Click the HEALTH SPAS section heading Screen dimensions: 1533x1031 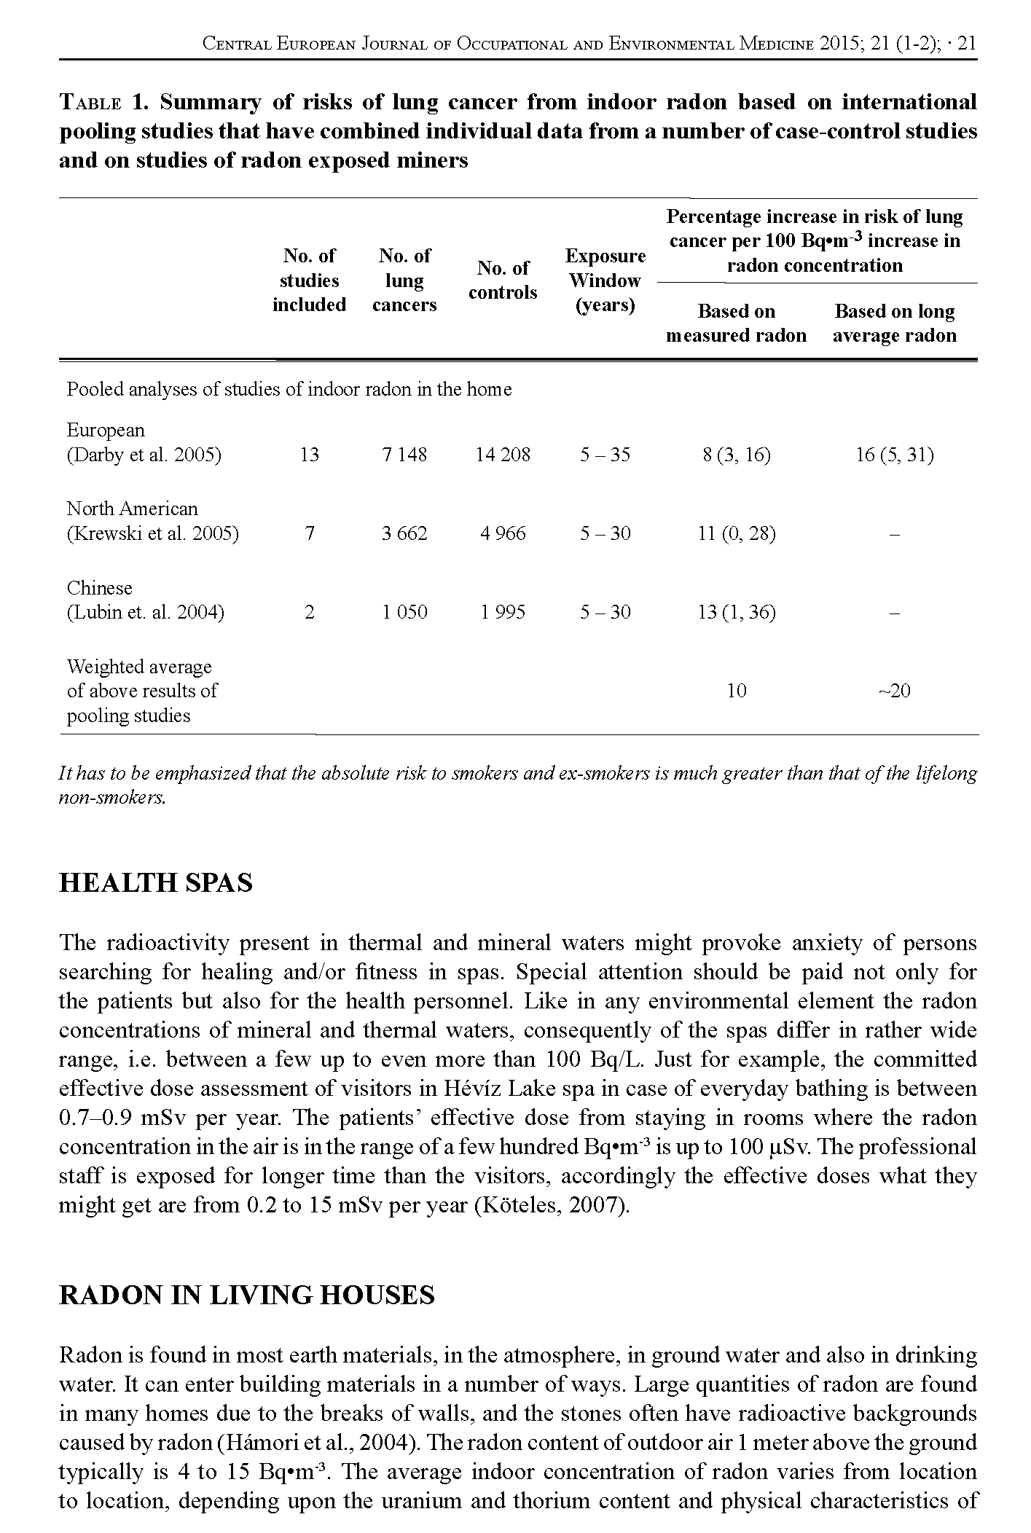coord(155,882)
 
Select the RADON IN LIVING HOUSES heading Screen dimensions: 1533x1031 coord(246,1295)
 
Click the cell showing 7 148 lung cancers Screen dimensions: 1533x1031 coord(404,455)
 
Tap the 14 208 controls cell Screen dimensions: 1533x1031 coord(503,455)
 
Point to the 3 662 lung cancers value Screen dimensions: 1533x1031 coord(404,534)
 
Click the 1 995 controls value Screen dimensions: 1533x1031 coord(503,612)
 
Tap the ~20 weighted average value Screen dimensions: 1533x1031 coord(895,691)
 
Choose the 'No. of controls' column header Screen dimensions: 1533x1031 coord(503,281)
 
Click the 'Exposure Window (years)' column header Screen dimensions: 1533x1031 coord(605,281)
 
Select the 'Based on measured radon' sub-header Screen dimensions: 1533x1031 coord(737,323)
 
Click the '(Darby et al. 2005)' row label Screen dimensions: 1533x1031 coord(144,455)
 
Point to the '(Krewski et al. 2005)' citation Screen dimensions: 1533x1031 coord(152,534)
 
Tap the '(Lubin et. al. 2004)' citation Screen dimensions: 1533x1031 coord(146,612)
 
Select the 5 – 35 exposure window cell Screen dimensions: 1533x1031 coord(605,455)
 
